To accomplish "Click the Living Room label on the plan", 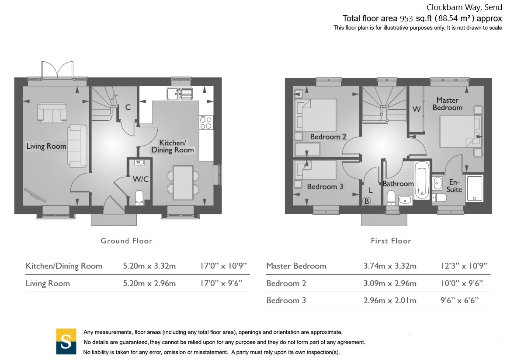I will (x=46, y=146).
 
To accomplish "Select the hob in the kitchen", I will (x=206, y=122).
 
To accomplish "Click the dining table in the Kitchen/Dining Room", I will (x=183, y=182).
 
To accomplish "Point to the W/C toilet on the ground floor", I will (x=139, y=197).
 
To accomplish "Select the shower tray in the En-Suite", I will (x=474, y=189).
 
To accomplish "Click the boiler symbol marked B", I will (x=367, y=201).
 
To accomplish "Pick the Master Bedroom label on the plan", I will (x=447, y=104).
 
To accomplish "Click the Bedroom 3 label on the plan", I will (x=325, y=187).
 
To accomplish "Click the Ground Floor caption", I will (x=126, y=241).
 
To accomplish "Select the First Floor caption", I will (x=391, y=241).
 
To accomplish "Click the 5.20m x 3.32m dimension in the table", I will (x=149, y=266).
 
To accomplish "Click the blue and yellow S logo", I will (x=66, y=341).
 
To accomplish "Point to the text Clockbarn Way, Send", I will (x=464, y=7).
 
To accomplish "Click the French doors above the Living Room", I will (x=56, y=70).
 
